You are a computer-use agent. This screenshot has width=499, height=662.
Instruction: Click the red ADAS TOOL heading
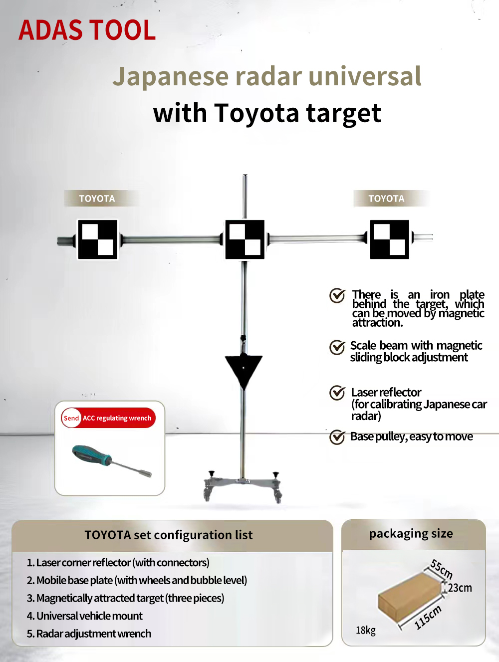tap(87, 29)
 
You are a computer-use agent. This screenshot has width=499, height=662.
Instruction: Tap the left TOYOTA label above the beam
tap(97, 199)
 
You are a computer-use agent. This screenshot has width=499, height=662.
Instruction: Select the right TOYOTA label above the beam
tap(386, 199)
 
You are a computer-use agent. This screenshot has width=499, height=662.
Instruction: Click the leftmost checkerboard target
tap(97, 239)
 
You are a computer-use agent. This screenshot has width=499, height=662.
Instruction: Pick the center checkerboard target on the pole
tap(245, 239)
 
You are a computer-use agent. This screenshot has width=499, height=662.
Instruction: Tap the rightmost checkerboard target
tap(390, 239)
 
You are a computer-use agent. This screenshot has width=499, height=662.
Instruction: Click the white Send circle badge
tap(71, 418)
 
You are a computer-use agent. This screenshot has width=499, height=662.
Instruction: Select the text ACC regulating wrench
tap(117, 418)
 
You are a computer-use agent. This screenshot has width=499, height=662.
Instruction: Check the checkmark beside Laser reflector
tap(337, 393)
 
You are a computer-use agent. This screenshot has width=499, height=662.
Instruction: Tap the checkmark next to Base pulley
tap(337, 437)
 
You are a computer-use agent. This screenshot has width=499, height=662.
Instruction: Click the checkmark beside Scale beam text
tap(337, 347)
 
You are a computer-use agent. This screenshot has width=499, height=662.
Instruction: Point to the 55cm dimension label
tap(442, 569)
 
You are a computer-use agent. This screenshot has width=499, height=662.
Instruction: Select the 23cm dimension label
tap(460, 588)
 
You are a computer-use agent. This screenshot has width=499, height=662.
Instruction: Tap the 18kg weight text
tap(366, 631)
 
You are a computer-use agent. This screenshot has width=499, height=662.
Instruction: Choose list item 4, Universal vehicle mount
tap(85, 616)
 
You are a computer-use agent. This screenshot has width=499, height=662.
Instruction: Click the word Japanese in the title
tap(171, 77)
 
